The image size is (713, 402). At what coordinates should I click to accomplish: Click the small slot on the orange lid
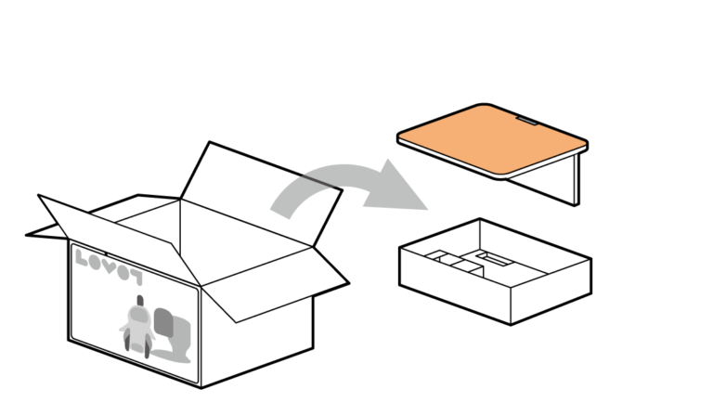[x=527, y=120]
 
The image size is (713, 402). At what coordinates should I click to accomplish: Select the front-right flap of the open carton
[x=269, y=279]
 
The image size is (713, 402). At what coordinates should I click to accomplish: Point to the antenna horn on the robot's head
[x=140, y=300]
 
